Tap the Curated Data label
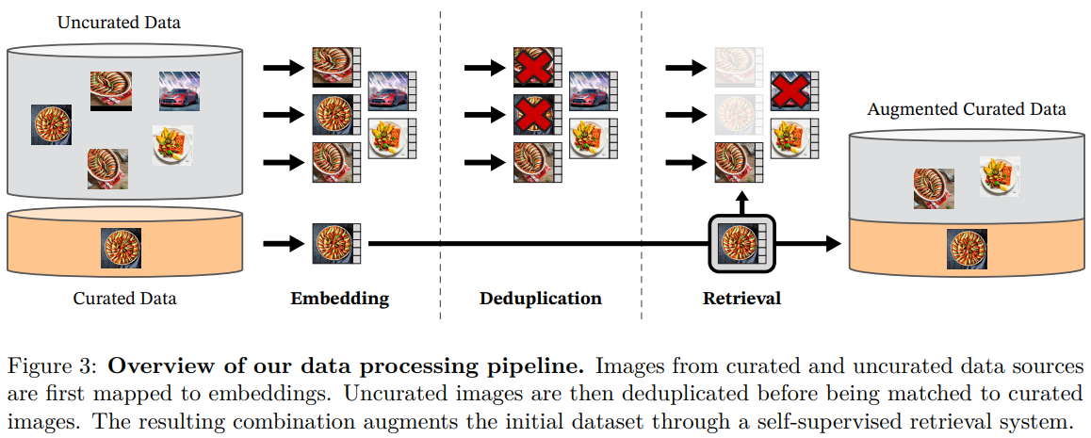pyautogui.click(x=124, y=300)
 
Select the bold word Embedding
pyautogui.click(x=339, y=300)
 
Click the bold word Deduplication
pyautogui.click(x=540, y=300)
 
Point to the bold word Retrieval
pyautogui.click(x=741, y=300)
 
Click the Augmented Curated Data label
pyautogui.click(x=967, y=109)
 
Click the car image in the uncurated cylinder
pyautogui.click(x=178, y=90)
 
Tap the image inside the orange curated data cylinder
pyautogui.click(x=121, y=247)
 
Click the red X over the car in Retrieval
pyautogui.click(x=789, y=91)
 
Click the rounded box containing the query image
pyautogui.click(x=741, y=244)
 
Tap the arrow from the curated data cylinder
pyautogui.click(x=280, y=244)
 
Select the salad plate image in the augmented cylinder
pyautogui.click(x=999, y=175)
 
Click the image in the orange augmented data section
pyautogui.click(x=967, y=250)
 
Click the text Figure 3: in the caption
pyautogui.click(x=42, y=365)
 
